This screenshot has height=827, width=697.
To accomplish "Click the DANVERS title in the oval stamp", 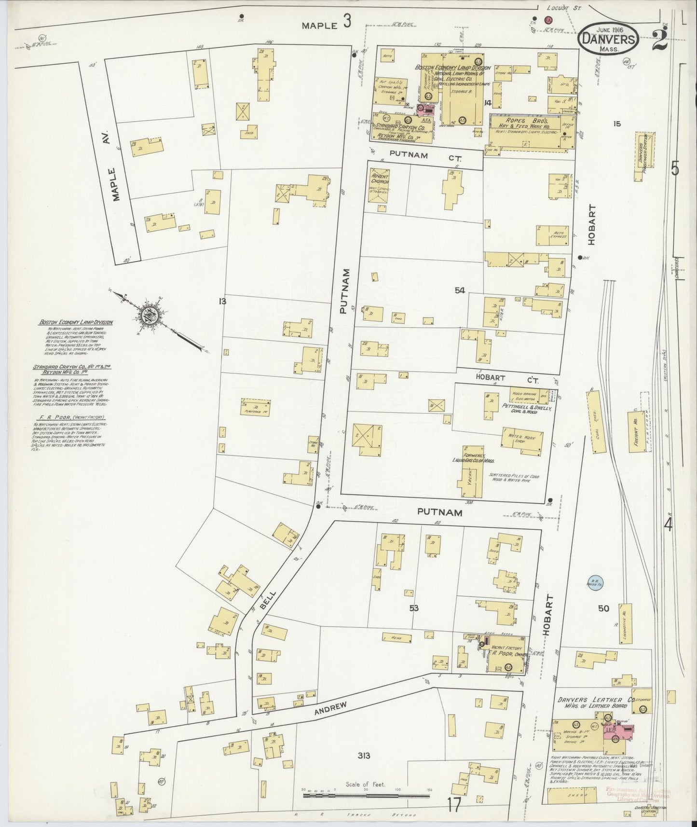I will click(609, 38).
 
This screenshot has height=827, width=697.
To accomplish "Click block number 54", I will click(459, 290).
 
